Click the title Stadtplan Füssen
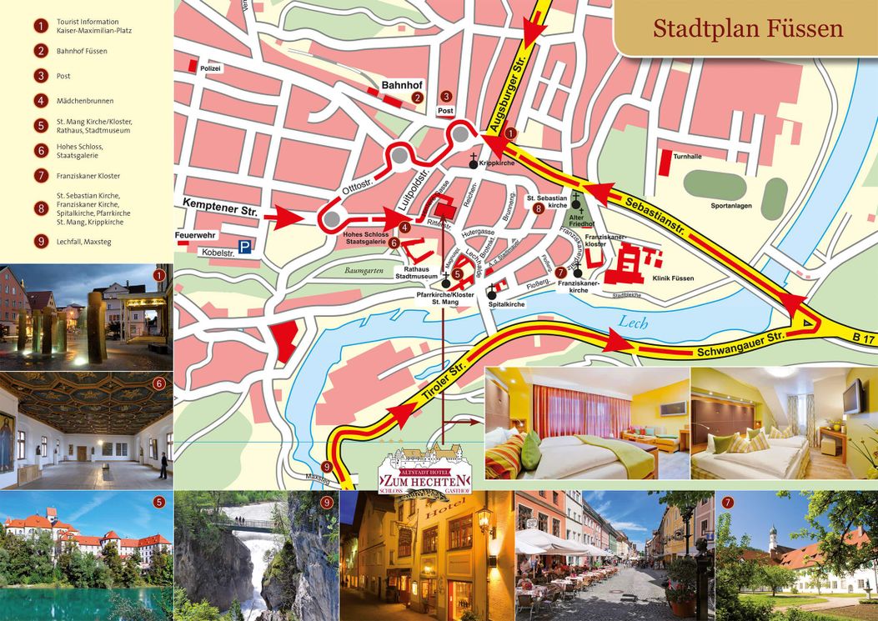pos(747,29)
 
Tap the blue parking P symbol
pos(244,247)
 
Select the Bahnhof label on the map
pos(402,85)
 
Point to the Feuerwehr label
pos(195,236)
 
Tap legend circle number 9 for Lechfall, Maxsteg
pos(40,242)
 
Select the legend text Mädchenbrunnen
pos(85,101)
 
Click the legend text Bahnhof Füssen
pos(82,51)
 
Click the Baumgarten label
pos(364,270)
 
